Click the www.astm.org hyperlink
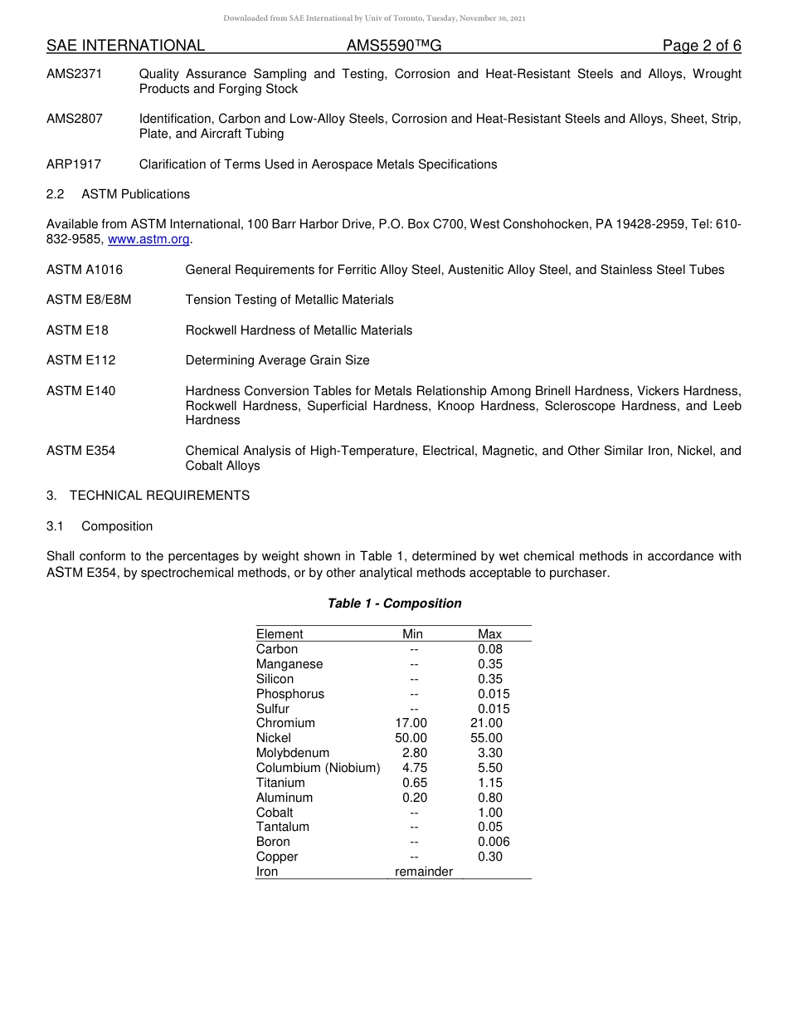pos(149,240)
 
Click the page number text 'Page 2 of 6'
pos(702,46)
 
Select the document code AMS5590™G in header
pos(394,46)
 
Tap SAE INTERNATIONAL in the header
pos(125,46)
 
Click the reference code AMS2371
pos(75,74)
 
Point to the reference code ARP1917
pos(74,164)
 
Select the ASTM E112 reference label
pos(81,360)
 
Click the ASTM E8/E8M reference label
pos(89,300)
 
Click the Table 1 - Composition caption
pos(394,603)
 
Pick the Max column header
pos(489,634)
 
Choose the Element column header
pos(280,634)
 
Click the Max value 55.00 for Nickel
pos(486,738)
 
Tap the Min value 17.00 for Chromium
pos(411,723)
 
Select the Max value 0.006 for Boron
pos(494,842)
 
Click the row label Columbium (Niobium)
pos(318,768)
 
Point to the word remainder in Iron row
pos(424,872)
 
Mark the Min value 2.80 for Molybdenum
pos(414,753)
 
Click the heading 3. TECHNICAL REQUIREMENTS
pos(148,496)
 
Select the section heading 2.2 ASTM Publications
pos(118,194)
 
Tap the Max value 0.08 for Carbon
pos(489,649)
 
